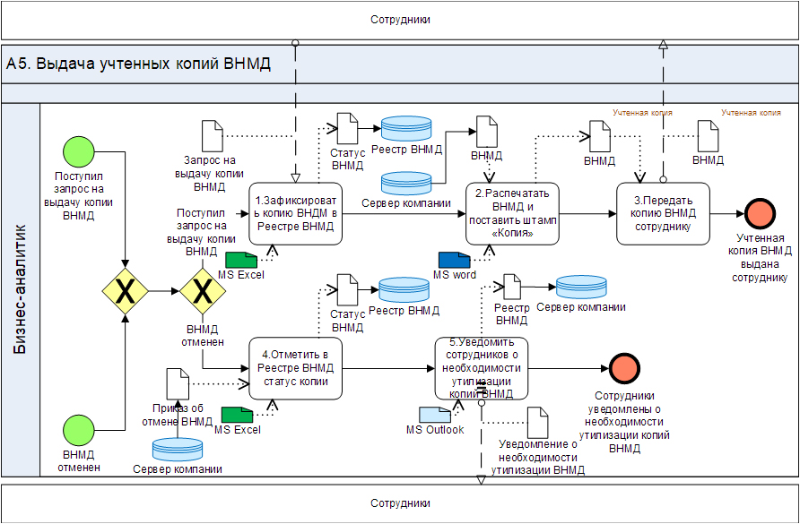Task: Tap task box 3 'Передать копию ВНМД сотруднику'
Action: pyautogui.click(x=663, y=213)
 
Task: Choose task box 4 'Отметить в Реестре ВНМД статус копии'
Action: pyautogui.click(x=296, y=368)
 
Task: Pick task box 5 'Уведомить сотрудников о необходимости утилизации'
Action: pyautogui.click(x=482, y=368)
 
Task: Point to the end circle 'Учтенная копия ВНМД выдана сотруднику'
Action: pyautogui.click(x=761, y=214)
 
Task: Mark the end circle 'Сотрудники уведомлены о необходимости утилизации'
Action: pyautogui.click(x=624, y=368)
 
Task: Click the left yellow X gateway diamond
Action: pyautogui.click(x=126, y=291)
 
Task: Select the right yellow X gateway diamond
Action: pyautogui.click(x=203, y=291)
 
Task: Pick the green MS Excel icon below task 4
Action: pyautogui.click(x=238, y=414)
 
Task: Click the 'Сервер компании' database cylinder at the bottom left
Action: pyautogui.click(x=178, y=448)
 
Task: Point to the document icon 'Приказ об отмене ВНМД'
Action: pyautogui.click(x=178, y=383)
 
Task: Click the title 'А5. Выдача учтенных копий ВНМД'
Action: pyautogui.click(x=138, y=64)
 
